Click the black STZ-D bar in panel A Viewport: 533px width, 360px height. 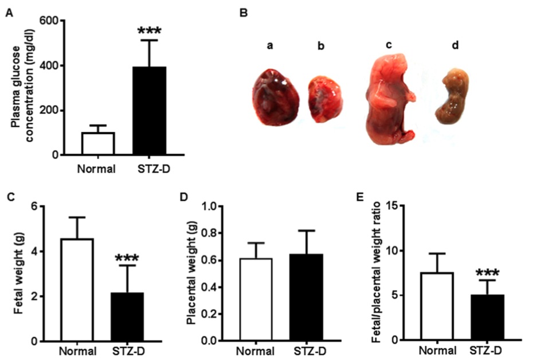(149, 111)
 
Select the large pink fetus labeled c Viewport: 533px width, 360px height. (390, 97)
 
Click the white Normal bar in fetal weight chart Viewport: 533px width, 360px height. (77, 289)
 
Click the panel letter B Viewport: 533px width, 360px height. (244, 11)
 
